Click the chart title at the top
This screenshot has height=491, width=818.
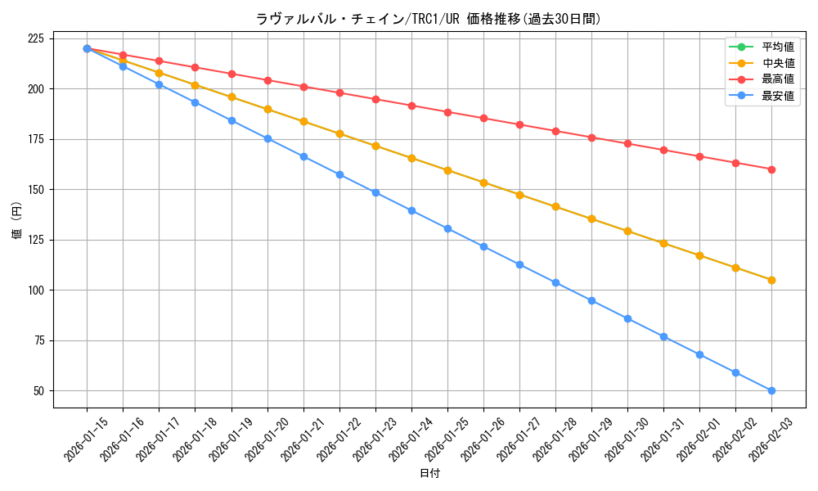tap(428, 19)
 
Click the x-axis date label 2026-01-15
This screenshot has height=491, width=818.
tap(86, 439)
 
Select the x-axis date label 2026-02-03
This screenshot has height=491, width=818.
tap(771, 439)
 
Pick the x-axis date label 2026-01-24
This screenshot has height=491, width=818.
tap(411, 439)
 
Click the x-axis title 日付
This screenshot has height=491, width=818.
tap(429, 474)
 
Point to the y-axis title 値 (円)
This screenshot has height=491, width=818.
tap(17, 222)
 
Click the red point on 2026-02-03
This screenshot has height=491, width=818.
tap(771, 169)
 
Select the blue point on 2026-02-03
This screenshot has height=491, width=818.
tap(771, 390)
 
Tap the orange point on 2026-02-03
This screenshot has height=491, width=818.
tap(771, 280)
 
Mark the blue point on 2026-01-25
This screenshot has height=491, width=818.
tap(447, 228)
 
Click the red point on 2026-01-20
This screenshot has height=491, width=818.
tap(267, 80)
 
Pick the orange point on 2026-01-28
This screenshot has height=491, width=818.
tap(555, 207)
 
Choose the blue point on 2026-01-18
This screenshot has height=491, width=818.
tap(195, 102)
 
